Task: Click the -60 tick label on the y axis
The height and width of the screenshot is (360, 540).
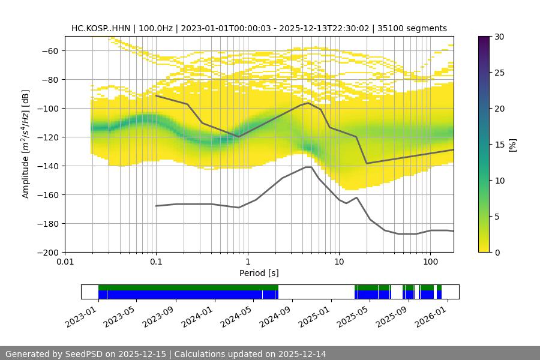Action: [x=51, y=50]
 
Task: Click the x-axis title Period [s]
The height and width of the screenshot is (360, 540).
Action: [x=259, y=274]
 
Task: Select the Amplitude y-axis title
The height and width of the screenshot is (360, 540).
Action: [x=26, y=144]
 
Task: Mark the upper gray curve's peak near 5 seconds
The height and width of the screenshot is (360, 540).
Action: [x=308, y=103]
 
